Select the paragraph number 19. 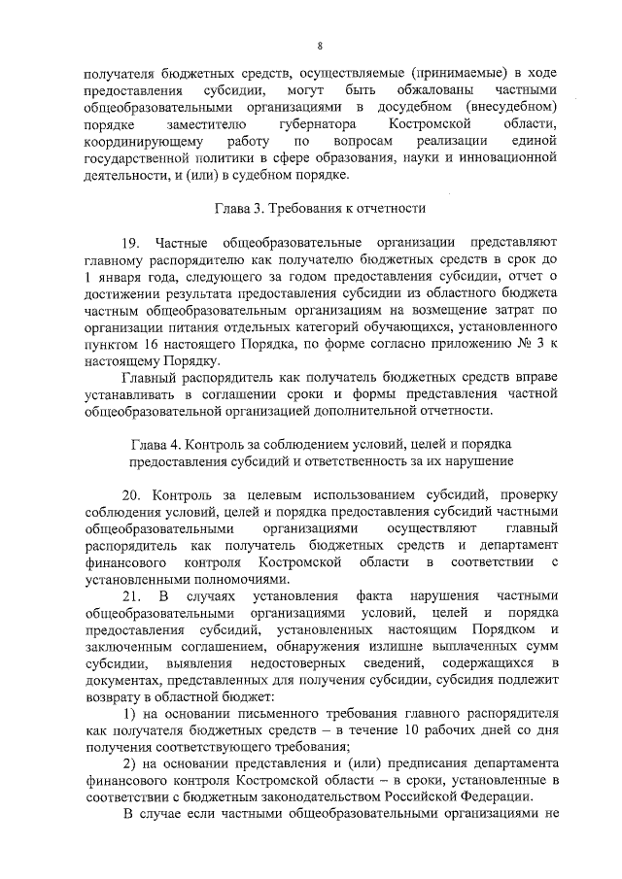131,241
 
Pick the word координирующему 143,142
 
